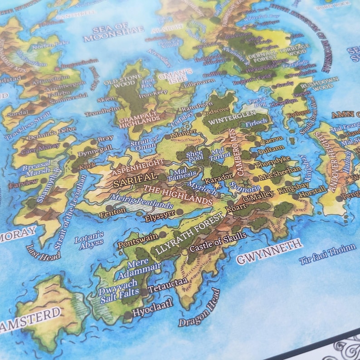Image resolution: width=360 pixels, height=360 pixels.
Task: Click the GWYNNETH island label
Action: coord(269,252)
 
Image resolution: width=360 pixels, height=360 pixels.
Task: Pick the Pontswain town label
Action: coord(138,239)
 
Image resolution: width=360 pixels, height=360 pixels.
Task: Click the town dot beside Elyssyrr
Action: coord(180,211)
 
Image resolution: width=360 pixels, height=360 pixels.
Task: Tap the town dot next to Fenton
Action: coord(109,208)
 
